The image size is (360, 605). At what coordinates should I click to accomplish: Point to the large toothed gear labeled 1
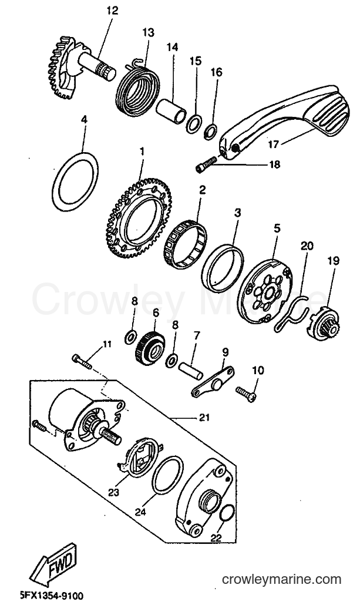[139, 218]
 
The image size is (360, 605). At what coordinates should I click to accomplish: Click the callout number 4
[84, 119]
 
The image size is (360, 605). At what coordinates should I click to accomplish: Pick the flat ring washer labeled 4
[75, 181]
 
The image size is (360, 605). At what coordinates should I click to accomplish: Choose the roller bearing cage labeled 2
[185, 244]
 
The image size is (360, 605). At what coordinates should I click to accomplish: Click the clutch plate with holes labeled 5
[265, 290]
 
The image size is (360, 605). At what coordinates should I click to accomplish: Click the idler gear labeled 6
[150, 346]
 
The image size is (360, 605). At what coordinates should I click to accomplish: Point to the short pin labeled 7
[190, 369]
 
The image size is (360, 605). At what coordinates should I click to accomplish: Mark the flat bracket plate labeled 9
[213, 381]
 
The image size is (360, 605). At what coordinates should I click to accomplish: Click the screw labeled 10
[246, 394]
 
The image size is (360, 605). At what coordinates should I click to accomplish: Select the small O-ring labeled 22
[226, 514]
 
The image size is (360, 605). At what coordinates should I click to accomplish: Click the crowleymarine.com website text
[282, 579]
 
